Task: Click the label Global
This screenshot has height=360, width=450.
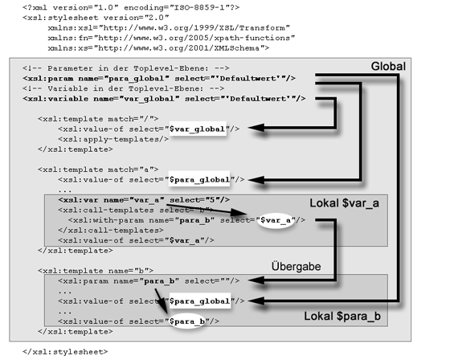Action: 388,67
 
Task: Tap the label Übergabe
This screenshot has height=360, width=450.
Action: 297,266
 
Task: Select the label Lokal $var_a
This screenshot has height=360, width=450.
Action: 345,203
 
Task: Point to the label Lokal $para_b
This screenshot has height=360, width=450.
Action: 342,317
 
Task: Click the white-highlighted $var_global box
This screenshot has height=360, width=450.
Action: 198,129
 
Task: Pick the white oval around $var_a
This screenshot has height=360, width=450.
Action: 276,220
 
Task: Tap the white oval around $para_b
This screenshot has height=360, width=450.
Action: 186,321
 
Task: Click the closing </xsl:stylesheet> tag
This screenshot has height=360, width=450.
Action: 65,352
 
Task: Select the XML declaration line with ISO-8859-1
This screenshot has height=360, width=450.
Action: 131,7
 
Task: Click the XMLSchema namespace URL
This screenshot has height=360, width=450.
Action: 178,48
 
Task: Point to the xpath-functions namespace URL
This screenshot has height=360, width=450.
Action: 194,38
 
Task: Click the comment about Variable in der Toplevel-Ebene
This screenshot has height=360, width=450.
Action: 124,88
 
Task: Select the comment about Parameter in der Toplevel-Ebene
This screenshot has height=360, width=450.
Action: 126,68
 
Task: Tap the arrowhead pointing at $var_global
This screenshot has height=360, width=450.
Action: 256,128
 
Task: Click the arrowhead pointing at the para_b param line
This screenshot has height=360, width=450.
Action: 256,280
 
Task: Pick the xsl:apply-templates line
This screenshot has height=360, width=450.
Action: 113,139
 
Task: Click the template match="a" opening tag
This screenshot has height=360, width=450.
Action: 98,170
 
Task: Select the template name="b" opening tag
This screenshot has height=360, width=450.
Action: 96,271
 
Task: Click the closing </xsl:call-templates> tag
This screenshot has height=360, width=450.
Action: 111,231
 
